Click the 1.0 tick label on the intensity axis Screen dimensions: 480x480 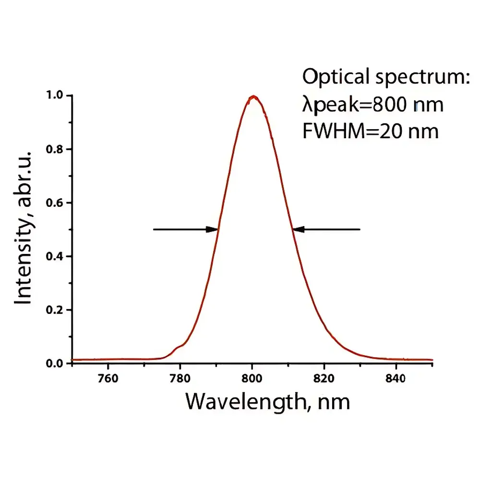pos(54,96)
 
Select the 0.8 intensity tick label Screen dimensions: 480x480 pos(54,149)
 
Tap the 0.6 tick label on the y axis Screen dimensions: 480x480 pos(54,203)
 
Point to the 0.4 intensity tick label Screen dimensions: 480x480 pos(54,256)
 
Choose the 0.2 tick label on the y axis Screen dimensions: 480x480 pos(54,310)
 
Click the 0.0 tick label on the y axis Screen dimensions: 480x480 pos(54,363)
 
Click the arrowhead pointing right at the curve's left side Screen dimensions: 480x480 pos(213,229)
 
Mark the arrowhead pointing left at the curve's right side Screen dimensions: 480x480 pos(299,229)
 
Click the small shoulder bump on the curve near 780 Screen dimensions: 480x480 pos(178,347)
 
